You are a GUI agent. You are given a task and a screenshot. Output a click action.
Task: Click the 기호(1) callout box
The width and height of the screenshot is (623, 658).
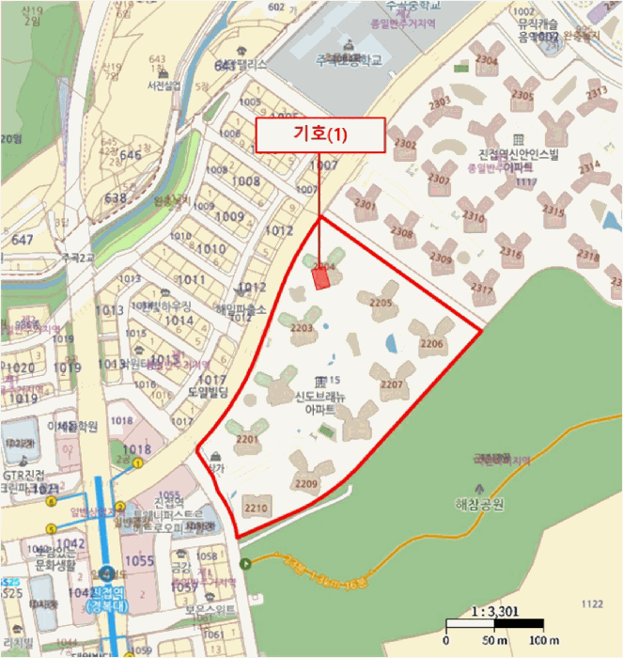(x=319, y=134)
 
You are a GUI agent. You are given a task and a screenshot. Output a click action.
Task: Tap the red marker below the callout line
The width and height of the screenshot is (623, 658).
(x=320, y=277)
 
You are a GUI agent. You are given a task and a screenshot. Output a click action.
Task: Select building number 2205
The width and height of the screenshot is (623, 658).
(x=381, y=303)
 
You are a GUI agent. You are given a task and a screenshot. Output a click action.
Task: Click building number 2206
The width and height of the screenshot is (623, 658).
(x=431, y=345)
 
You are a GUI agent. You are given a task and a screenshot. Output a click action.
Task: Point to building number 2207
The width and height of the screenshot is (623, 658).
(x=392, y=384)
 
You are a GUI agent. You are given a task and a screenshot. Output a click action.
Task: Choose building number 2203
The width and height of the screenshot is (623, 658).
(x=302, y=328)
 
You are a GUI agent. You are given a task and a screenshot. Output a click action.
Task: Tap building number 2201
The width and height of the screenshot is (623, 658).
(x=247, y=439)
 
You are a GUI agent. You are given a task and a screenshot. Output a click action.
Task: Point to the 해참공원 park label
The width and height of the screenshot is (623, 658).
(x=479, y=505)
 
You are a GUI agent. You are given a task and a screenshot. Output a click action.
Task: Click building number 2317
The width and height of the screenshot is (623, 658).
(x=483, y=288)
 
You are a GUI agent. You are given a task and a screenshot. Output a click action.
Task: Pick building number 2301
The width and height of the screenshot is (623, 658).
(x=366, y=205)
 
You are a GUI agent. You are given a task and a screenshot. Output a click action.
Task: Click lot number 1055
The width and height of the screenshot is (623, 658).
(x=138, y=561)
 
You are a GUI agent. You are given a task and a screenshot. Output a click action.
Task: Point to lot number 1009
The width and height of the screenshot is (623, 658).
(x=229, y=216)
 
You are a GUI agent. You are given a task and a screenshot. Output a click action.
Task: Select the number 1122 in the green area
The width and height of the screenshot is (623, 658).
(x=592, y=604)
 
